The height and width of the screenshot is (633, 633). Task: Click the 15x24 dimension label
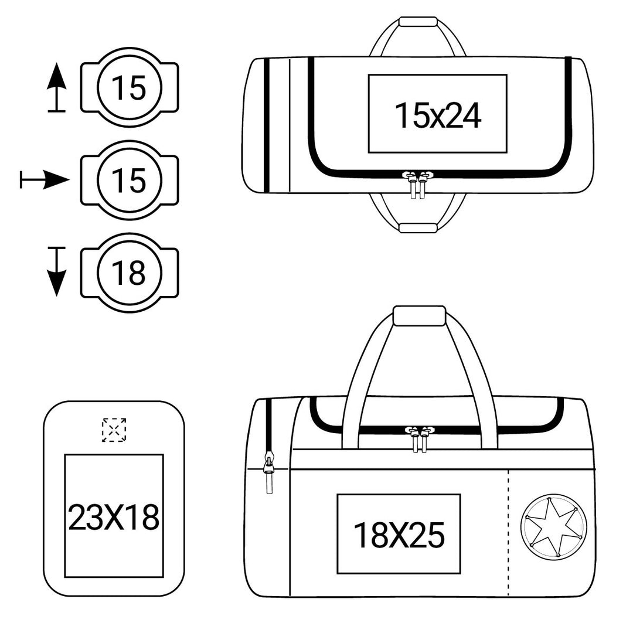(438, 115)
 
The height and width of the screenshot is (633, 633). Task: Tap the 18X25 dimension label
(399, 535)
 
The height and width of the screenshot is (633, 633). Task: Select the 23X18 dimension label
(114, 518)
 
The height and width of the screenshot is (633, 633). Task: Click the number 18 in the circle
(128, 273)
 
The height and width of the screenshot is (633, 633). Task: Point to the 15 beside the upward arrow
(128, 87)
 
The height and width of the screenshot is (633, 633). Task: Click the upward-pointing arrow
(56, 87)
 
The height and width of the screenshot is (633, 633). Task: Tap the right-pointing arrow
(45, 180)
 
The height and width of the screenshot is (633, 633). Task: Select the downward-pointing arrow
(56, 272)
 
